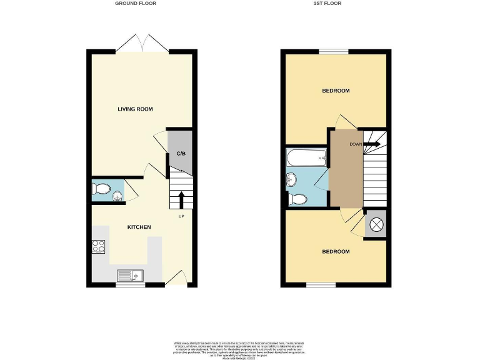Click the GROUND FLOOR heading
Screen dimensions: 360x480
click(x=136, y=3)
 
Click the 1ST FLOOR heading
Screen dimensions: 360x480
click(x=336, y=3)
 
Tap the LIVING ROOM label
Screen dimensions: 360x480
click(x=136, y=109)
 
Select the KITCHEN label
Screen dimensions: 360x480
click(x=139, y=227)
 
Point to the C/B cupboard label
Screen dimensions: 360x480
click(x=180, y=153)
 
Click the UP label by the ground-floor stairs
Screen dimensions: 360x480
click(x=181, y=216)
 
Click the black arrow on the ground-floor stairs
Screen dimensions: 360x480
click(x=181, y=199)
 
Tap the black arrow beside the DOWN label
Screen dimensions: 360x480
click(x=372, y=144)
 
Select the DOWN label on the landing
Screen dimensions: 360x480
click(x=356, y=144)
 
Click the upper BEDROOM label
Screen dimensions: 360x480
click(x=336, y=91)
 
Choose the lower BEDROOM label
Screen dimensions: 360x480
click(x=336, y=252)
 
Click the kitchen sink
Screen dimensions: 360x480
click(x=130, y=275)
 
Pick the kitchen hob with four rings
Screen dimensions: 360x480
click(x=99, y=246)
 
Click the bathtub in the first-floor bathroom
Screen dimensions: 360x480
click(x=306, y=159)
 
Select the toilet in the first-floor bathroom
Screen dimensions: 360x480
click(x=297, y=199)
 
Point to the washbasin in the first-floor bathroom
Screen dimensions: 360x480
click(x=292, y=181)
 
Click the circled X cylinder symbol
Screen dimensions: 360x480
click(x=376, y=225)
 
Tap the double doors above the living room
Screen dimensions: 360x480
click(x=144, y=44)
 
